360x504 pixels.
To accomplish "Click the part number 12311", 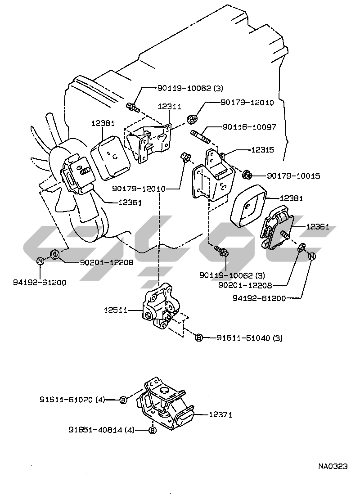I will [x=170, y=107].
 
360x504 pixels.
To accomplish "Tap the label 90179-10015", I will [x=293, y=176].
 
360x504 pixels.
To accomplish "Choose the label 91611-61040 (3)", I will [x=249, y=337].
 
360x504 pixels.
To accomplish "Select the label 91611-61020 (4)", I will [x=72, y=399].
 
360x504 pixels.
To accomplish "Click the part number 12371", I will [x=220, y=415].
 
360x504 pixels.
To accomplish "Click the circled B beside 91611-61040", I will [x=198, y=337].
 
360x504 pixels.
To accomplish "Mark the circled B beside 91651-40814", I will [x=152, y=431].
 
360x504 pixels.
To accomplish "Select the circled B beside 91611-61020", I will [x=124, y=400].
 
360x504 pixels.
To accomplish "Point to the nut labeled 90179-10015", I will [x=247, y=174].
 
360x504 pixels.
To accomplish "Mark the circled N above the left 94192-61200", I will [x=40, y=261].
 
